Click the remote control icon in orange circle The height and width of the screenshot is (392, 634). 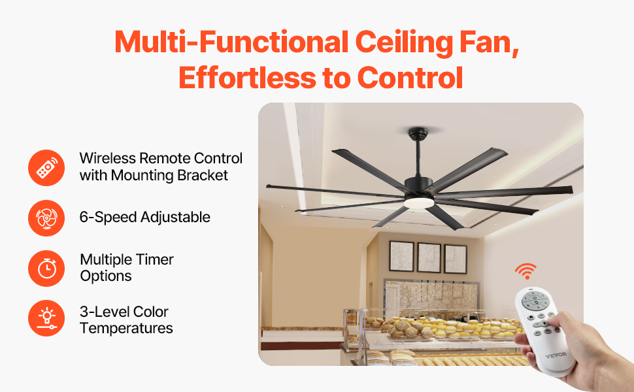pyautogui.click(x=47, y=167)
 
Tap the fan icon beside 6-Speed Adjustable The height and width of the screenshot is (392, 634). pyautogui.click(x=47, y=218)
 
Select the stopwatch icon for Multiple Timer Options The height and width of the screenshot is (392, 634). pyautogui.click(x=47, y=268)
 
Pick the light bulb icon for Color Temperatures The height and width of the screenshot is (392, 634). pyautogui.click(x=47, y=318)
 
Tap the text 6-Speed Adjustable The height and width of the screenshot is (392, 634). pyautogui.click(x=145, y=218)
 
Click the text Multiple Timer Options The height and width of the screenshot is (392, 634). pyautogui.click(x=127, y=267)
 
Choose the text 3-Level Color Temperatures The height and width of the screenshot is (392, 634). pyautogui.click(x=126, y=319)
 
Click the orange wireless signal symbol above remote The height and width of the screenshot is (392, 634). pyautogui.click(x=525, y=270)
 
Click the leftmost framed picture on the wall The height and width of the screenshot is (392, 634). pyautogui.click(x=401, y=256)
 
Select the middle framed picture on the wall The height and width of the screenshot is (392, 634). pyautogui.click(x=429, y=257)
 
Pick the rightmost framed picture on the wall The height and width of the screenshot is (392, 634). pyautogui.click(x=455, y=259)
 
